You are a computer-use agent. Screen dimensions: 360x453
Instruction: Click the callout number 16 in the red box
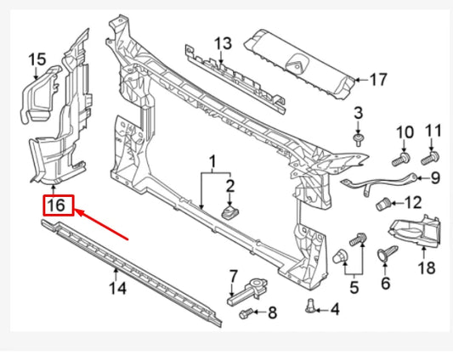click(58, 206)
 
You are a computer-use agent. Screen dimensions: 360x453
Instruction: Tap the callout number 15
click(37, 59)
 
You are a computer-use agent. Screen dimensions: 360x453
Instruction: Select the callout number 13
click(222, 43)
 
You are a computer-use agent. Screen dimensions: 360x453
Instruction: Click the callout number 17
click(378, 81)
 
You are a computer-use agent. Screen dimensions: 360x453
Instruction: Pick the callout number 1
click(212, 160)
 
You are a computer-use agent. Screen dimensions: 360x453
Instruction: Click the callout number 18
click(425, 270)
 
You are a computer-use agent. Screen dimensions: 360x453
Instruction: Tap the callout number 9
click(435, 177)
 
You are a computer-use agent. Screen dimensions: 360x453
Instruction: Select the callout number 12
click(413, 203)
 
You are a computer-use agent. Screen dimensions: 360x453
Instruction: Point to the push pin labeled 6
click(384, 251)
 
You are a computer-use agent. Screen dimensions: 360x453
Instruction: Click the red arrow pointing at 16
click(102, 224)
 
